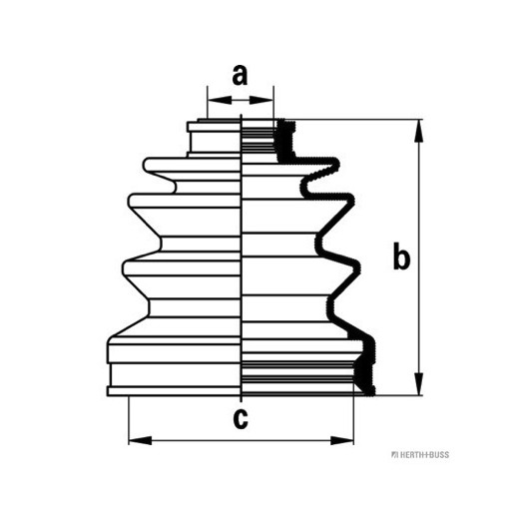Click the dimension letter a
click(240, 75)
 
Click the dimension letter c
click(241, 418)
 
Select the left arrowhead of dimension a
click(220, 100)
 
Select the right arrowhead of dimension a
click(262, 100)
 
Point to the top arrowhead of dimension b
click(418, 131)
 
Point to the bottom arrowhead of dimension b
click(418, 383)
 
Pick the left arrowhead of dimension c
click(141, 440)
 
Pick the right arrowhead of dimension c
click(342, 440)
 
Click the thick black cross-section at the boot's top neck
click(285, 141)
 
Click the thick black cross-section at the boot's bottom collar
click(364, 368)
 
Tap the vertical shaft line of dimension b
click(418, 258)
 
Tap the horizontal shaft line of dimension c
click(242, 440)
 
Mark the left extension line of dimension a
click(208, 102)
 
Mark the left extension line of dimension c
click(129, 420)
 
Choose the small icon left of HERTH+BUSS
click(394, 455)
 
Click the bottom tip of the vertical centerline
click(242, 402)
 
